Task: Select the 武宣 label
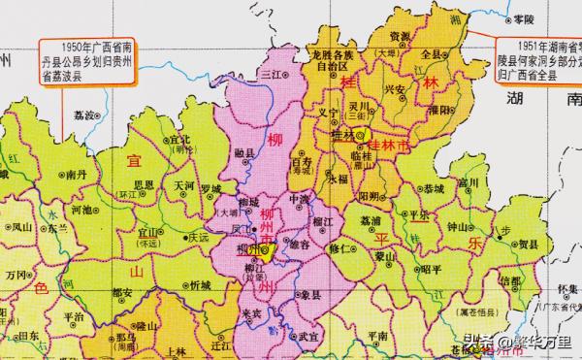[x=308, y=335]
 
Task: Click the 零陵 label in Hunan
[x=523, y=18]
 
